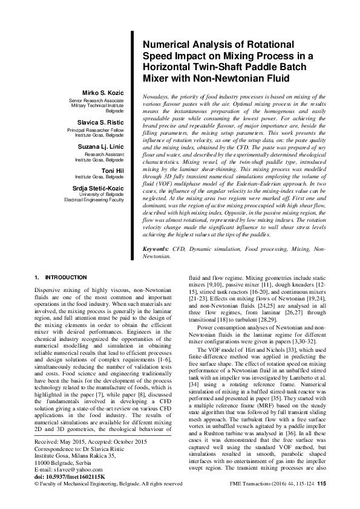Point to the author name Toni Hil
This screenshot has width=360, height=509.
(x=113, y=170)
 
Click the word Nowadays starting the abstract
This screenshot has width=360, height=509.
(x=154, y=97)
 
